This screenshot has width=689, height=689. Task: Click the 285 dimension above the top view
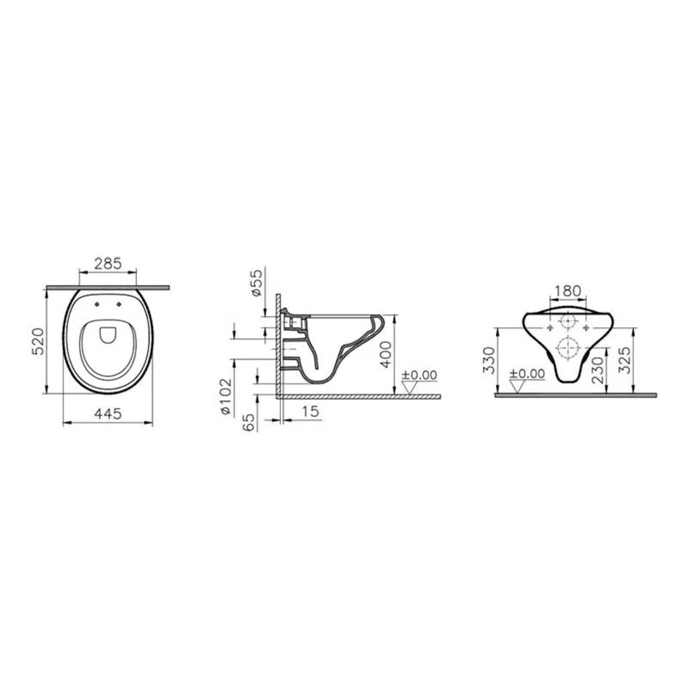[x=108, y=264]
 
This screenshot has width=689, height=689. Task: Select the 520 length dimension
[x=39, y=342]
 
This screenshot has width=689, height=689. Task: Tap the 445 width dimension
[x=107, y=413]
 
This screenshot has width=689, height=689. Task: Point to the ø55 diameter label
[x=257, y=283]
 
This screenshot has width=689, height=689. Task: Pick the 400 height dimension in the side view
[x=385, y=355]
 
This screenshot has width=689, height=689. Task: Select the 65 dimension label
[x=249, y=423]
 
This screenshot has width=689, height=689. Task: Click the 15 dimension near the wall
[x=310, y=411]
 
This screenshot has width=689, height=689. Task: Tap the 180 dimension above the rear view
[x=568, y=291]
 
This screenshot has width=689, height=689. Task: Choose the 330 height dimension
[x=489, y=360]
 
